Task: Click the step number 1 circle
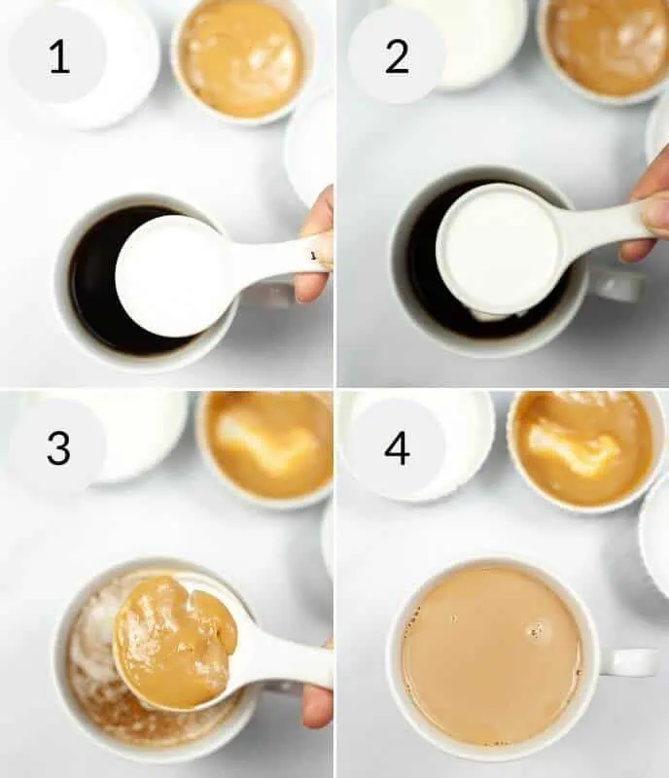(x=58, y=55)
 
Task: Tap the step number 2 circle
(x=396, y=55)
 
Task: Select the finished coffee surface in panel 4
(x=491, y=656)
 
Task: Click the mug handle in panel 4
(x=630, y=661)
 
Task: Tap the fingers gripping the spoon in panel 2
(x=650, y=209)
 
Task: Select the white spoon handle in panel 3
(x=287, y=661)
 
